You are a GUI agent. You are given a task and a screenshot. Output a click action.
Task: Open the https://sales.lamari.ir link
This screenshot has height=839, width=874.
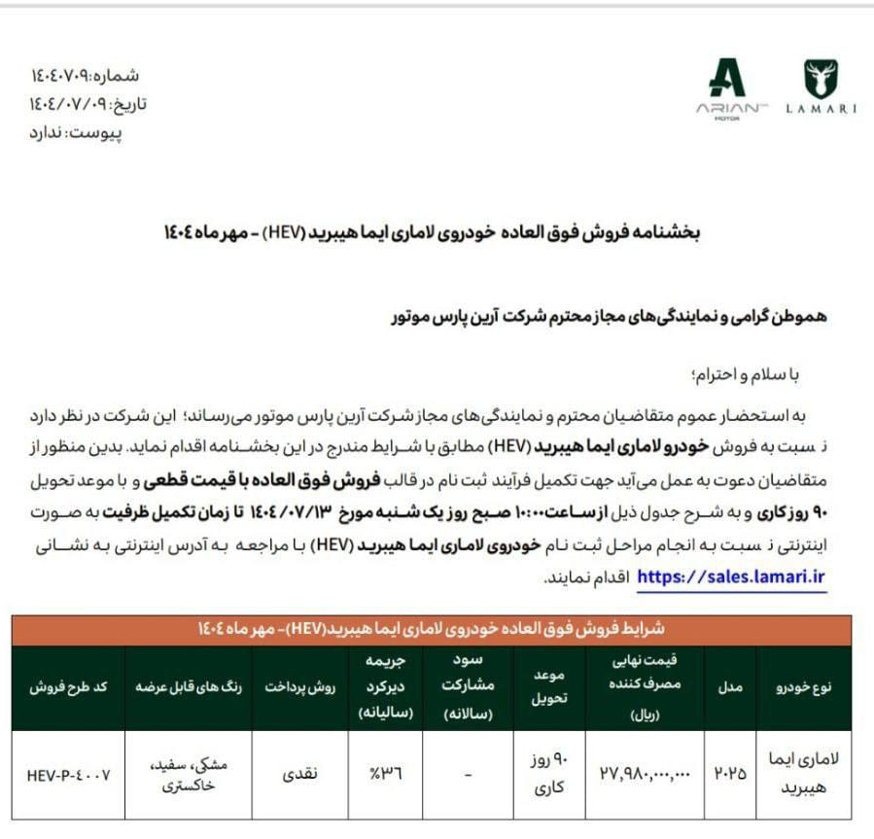tap(731, 577)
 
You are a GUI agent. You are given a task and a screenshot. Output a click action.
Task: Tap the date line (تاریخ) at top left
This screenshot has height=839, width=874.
tap(87, 104)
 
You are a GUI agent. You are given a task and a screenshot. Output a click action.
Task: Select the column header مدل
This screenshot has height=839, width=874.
tap(729, 687)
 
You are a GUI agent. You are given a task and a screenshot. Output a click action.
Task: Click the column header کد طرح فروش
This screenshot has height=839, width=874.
tap(68, 687)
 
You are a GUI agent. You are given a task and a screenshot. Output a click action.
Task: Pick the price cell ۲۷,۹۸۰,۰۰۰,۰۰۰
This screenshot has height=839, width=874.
tap(644, 774)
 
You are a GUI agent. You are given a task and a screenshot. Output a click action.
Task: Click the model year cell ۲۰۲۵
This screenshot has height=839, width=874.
tap(729, 774)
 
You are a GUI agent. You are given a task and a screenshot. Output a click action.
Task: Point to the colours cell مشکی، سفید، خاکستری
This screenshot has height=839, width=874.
tap(189, 775)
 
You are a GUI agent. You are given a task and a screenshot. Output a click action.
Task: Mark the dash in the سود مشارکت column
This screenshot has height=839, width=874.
tap(469, 774)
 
